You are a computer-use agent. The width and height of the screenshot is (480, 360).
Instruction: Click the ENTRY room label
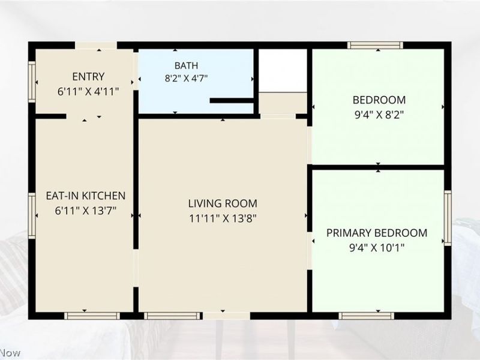click(x=88, y=76)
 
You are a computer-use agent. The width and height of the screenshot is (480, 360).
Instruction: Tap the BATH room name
click(x=186, y=65)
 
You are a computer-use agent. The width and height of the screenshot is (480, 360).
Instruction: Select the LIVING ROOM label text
click(x=223, y=203)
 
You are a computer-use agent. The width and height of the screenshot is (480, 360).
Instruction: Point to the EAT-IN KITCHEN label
click(x=86, y=196)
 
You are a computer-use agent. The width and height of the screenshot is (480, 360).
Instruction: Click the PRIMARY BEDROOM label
click(x=377, y=233)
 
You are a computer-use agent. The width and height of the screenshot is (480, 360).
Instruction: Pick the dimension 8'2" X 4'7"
click(x=186, y=79)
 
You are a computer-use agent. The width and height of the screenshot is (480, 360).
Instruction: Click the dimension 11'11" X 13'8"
click(x=223, y=218)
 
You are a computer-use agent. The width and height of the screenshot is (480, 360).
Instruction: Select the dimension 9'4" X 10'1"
click(x=377, y=247)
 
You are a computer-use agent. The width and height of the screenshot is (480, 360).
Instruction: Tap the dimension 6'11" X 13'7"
click(x=86, y=211)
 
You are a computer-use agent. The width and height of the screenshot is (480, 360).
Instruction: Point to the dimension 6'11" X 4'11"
click(x=88, y=91)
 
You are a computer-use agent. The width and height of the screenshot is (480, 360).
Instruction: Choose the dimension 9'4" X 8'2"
click(x=379, y=115)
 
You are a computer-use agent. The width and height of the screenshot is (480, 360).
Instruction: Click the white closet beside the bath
click(x=283, y=70)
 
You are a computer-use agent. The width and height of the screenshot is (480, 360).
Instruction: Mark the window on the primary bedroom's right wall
click(x=448, y=218)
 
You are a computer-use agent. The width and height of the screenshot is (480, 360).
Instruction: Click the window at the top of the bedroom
click(x=375, y=46)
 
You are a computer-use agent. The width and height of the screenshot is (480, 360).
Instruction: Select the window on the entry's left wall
click(x=32, y=82)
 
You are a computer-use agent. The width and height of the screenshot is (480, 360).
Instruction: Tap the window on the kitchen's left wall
click(x=32, y=216)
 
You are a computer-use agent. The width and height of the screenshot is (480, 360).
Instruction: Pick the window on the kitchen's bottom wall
click(x=92, y=316)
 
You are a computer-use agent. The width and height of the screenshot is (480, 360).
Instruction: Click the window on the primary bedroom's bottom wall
click(x=367, y=316)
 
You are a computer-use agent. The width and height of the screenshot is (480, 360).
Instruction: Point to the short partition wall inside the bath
click(x=232, y=100)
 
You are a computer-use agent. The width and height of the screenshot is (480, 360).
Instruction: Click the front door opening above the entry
click(x=96, y=46)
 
